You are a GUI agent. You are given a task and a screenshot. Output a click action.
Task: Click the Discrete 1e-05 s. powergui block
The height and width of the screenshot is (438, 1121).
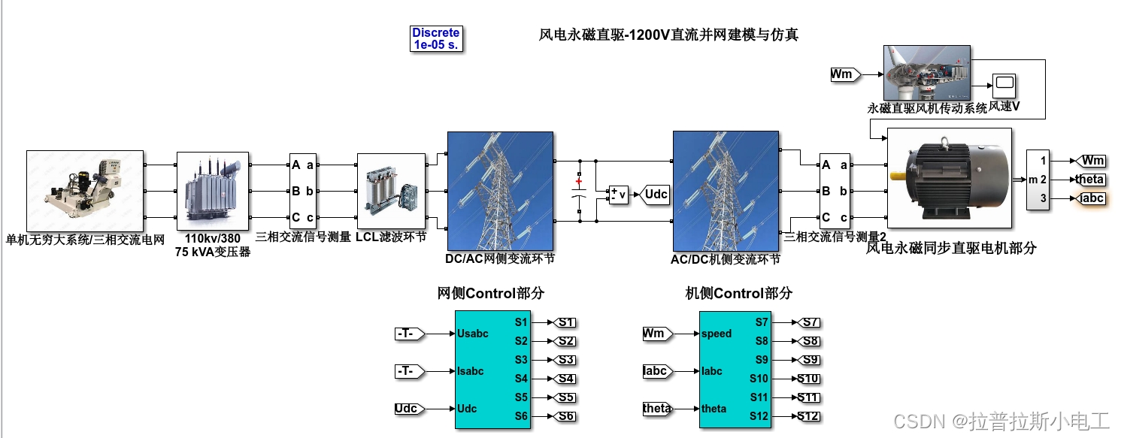click(x=435, y=38)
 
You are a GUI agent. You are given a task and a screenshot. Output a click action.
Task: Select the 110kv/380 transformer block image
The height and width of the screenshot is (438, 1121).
click(x=212, y=190)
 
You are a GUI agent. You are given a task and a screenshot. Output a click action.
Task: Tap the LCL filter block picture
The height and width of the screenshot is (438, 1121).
click(x=390, y=191)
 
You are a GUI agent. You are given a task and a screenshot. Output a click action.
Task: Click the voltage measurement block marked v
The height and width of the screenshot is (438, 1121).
click(x=618, y=195)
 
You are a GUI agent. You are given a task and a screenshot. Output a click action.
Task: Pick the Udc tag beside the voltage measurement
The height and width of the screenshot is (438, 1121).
click(x=655, y=195)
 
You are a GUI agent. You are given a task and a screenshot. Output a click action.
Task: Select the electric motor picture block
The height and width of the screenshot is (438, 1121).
click(x=949, y=177)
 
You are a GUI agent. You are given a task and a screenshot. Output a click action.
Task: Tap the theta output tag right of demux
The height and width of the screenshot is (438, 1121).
click(x=1089, y=180)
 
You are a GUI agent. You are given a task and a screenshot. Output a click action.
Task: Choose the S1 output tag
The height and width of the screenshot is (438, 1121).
click(x=565, y=322)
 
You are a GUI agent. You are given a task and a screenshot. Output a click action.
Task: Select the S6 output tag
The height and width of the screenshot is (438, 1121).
click(x=565, y=416)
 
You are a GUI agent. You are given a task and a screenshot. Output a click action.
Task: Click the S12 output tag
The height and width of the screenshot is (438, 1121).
click(x=808, y=416)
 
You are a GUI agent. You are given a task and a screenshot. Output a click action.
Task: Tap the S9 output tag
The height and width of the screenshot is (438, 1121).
click(x=808, y=360)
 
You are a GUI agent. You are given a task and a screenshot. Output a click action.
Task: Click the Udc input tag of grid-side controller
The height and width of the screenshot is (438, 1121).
click(x=407, y=409)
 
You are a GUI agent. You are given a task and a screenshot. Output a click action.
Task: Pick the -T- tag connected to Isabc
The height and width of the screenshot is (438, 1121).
click(x=408, y=371)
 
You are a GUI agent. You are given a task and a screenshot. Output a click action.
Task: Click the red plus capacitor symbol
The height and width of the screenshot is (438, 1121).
click(x=578, y=181)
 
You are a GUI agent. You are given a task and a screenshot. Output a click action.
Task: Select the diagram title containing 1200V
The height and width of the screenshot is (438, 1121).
click(x=668, y=35)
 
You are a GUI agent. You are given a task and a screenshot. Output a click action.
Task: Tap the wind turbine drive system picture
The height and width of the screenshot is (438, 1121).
click(x=926, y=73)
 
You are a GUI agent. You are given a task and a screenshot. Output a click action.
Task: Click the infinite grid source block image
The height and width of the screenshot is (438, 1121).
click(x=85, y=190)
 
